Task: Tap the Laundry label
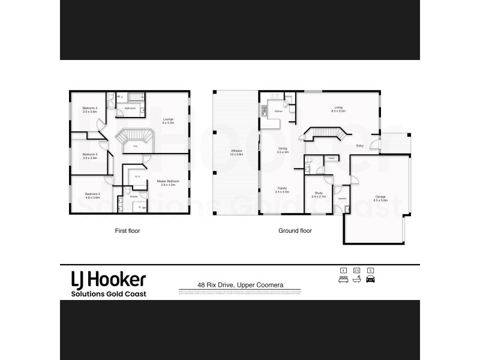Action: (342, 198)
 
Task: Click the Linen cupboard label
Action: (331, 158)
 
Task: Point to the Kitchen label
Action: (278, 112)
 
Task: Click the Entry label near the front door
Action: (361, 145)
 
